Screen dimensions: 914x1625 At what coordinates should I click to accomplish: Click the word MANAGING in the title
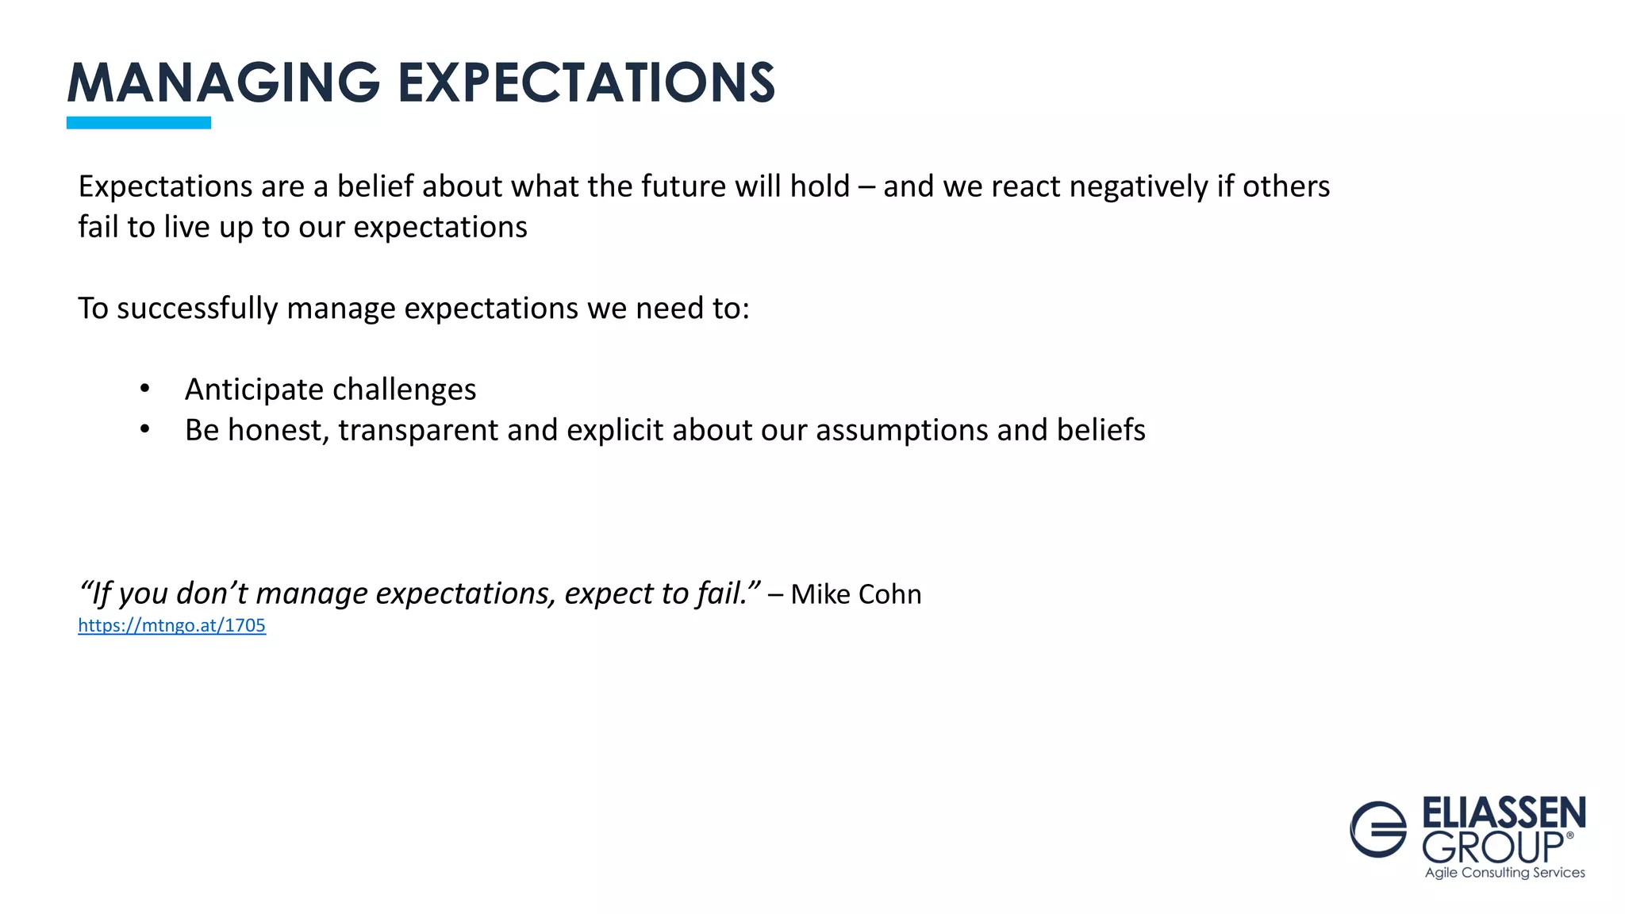click(x=224, y=83)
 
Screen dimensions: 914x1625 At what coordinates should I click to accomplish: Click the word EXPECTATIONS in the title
click(x=586, y=83)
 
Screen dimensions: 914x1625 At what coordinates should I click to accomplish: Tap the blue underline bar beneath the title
click(x=138, y=123)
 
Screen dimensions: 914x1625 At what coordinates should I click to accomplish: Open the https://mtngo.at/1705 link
click(x=171, y=625)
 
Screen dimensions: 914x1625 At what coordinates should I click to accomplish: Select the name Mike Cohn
click(x=855, y=594)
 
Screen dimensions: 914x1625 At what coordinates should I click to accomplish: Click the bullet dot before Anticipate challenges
click(x=144, y=389)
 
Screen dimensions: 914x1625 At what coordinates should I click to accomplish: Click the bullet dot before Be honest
click(x=144, y=429)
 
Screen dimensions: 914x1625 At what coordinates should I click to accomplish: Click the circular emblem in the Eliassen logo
click(x=1378, y=829)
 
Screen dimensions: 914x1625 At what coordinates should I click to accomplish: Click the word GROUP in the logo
click(x=1492, y=848)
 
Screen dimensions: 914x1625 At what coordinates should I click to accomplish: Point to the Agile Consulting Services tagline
click(x=1504, y=873)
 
